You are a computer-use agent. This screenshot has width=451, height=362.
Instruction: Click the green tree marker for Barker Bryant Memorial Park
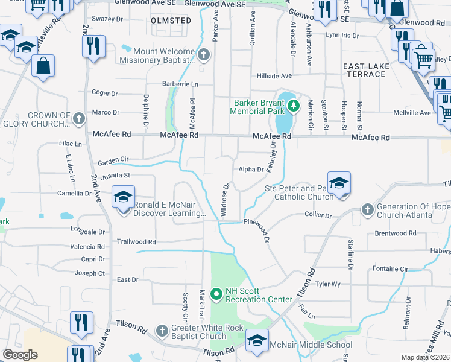[294, 107]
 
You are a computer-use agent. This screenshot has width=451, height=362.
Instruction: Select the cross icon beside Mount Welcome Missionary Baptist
[204, 56]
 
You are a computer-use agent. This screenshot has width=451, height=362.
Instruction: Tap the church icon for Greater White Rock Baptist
[162, 332]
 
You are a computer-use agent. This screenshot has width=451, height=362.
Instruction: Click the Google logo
[20, 355]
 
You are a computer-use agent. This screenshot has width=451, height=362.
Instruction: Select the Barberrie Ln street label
[180, 84]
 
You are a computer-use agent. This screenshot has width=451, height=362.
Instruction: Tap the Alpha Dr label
[251, 170]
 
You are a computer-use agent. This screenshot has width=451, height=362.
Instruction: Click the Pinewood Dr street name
[259, 222]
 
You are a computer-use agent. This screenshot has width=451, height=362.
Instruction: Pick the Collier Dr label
[318, 215]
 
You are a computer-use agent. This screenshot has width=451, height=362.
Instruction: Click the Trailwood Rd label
[136, 241]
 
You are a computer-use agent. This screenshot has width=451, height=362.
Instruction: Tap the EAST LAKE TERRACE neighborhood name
[364, 69]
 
